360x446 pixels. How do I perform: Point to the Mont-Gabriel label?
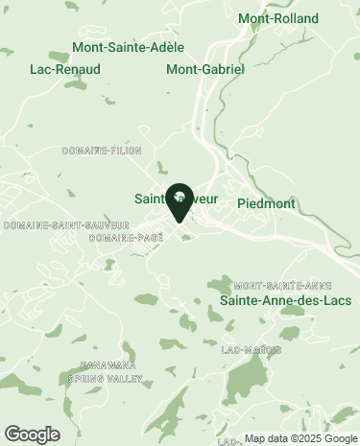(205, 69)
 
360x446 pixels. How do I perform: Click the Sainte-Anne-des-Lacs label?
(285, 301)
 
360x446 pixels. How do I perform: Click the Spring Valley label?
(105, 379)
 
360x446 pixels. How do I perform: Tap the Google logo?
(32, 434)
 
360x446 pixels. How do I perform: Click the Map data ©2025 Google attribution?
(300, 439)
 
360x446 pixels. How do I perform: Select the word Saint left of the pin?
(149, 200)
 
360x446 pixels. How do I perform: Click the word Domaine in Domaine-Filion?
(82, 151)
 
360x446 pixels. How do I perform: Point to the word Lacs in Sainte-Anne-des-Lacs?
(336, 301)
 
